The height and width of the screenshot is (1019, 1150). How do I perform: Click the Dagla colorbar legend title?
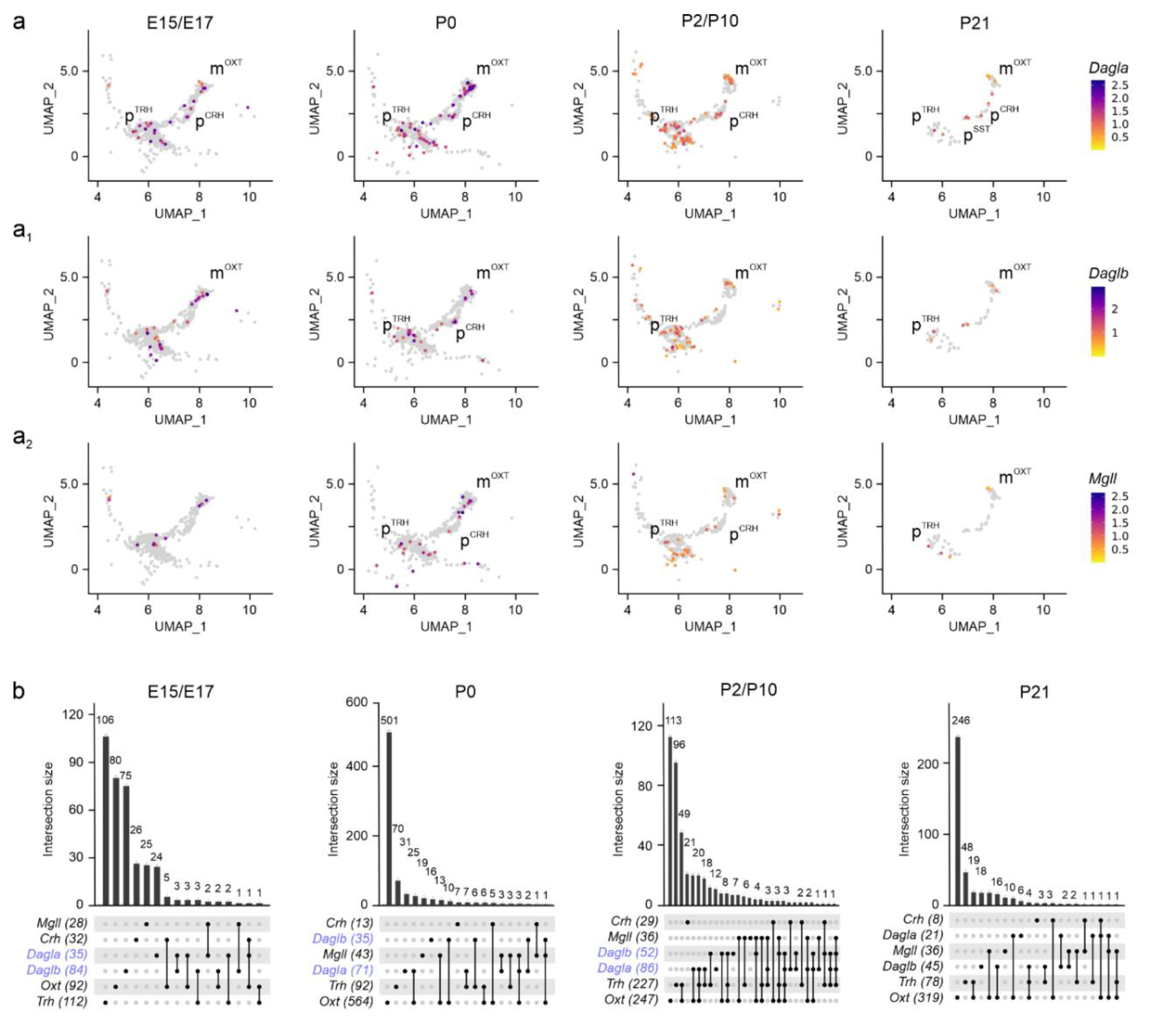1108,68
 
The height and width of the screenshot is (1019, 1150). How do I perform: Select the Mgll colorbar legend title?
1103,479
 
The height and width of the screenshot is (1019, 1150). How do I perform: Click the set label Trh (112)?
62,1002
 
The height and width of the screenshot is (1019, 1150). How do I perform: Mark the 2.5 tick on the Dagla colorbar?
1120,85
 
